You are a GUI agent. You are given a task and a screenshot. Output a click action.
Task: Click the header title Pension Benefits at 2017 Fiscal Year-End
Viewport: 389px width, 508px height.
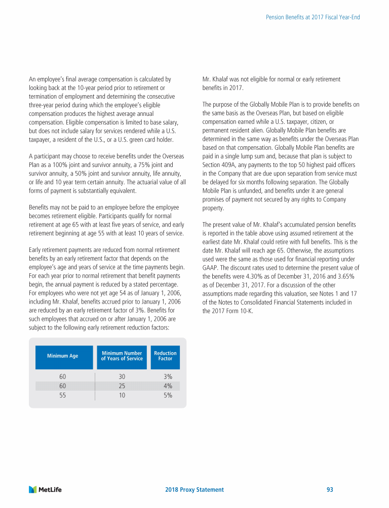tap(313, 17)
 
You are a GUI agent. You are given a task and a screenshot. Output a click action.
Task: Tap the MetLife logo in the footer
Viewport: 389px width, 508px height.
tap(46, 490)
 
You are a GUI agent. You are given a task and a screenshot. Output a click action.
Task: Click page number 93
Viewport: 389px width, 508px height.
tap(330, 490)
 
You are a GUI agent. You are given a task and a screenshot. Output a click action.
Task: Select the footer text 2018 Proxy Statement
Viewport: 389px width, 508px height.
tap(194, 490)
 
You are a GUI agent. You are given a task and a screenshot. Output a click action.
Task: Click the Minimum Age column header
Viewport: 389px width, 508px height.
tap(63, 356)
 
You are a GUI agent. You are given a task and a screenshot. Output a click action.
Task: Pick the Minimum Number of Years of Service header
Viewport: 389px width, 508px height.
tap(122, 356)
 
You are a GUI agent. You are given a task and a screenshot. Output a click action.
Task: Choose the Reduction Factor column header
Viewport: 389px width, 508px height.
tap(165, 356)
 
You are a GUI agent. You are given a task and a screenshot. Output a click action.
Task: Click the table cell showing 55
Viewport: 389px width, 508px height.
tap(63, 396)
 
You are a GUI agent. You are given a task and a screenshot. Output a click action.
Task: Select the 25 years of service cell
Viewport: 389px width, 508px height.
tap(122, 386)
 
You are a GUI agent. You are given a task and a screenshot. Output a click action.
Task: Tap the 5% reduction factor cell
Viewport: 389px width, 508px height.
tap(168, 396)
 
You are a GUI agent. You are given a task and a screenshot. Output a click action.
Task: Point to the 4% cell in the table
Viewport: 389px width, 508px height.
tap(168, 386)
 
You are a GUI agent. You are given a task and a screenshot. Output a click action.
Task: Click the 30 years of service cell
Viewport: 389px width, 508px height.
tap(122, 376)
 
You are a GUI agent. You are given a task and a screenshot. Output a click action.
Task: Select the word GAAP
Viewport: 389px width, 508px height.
tap(210, 267)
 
